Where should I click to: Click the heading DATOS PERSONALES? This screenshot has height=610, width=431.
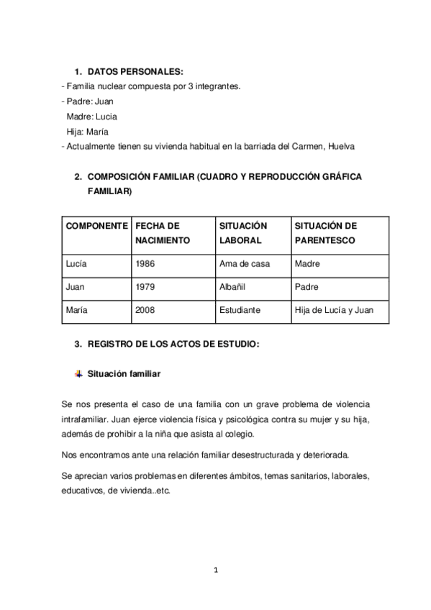pos(135,72)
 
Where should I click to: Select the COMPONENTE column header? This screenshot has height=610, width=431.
pos(97,226)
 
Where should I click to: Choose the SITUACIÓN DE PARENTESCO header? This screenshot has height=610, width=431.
pos(325,233)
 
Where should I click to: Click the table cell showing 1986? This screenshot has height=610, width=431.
pos(145,264)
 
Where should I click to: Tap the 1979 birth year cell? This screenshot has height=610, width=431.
pos(145,287)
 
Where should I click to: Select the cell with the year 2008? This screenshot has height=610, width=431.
pos(145,310)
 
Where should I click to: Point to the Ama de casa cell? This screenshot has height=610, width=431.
pos(245,264)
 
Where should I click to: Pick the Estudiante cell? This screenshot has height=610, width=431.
pos(240,310)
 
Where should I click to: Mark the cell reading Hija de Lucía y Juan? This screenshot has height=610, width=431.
pos(334,310)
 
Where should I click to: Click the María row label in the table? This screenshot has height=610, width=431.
pos(76,310)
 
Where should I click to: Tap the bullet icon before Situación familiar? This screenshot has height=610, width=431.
pos(78,374)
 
